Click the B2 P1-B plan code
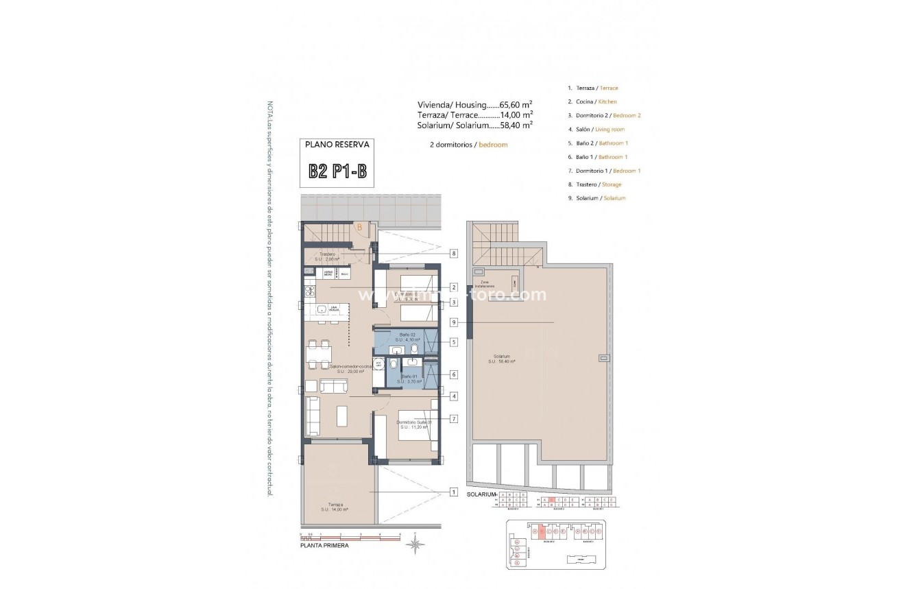337,170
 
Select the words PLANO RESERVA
337,145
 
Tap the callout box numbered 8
454,253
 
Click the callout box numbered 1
454,492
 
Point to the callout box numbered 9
454,322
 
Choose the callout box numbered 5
454,342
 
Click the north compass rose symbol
415,544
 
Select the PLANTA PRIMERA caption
325,546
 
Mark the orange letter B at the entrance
359,228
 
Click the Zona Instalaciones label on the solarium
485,283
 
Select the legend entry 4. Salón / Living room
596,129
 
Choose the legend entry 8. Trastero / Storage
594,184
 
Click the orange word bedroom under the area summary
493,145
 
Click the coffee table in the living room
341,415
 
